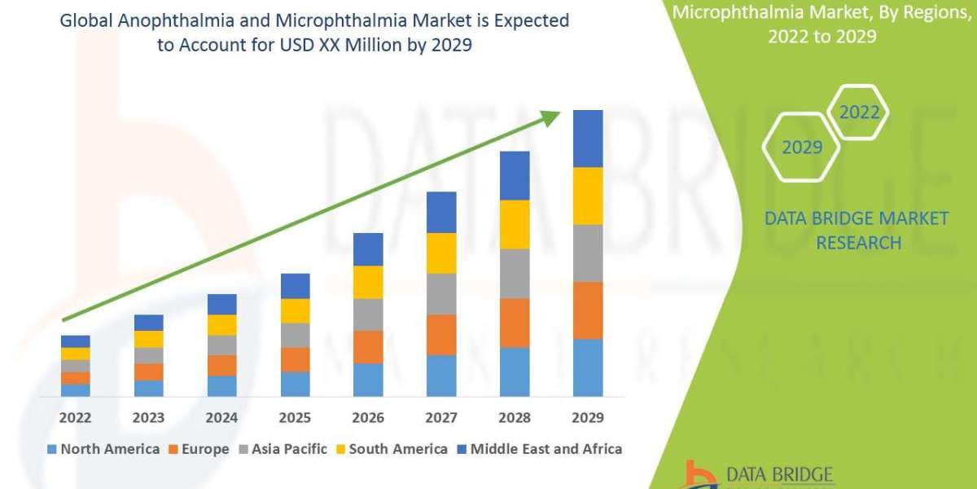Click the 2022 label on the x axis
pyautogui.click(x=75, y=418)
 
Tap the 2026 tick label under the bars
pyautogui.click(x=368, y=418)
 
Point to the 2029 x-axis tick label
pyautogui.click(x=588, y=418)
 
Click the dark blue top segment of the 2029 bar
pyautogui.click(x=588, y=139)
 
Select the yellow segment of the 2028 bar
pyautogui.click(x=515, y=224)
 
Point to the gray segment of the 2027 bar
pyautogui.click(x=441, y=293)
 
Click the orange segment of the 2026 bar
pyautogui.click(x=368, y=347)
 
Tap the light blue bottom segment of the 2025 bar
pyautogui.click(x=295, y=384)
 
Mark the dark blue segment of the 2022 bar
pyautogui.click(x=75, y=341)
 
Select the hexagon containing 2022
pyautogui.click(x=859, y=112)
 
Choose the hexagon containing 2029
pyautogui.click(x=801, y=148)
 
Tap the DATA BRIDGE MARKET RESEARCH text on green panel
pyautogui.click(x=857, y=230)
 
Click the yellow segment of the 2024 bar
pyautogui.click(x=221, y=324)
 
